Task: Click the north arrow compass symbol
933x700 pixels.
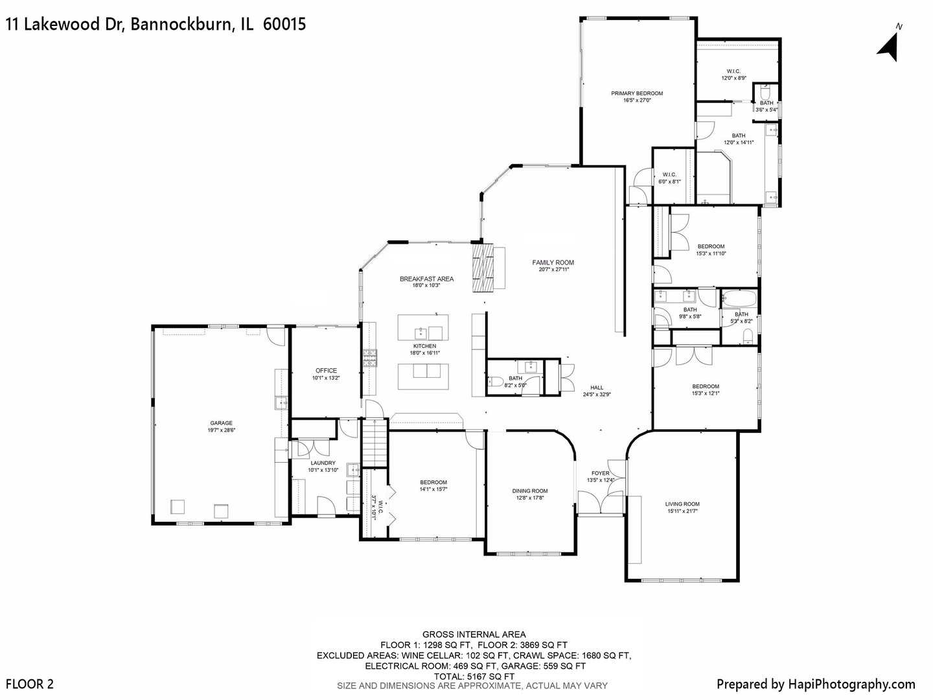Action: click(889, 45)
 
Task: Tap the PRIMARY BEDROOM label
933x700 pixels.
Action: click(637, 93)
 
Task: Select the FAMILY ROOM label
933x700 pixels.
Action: click(553, 262)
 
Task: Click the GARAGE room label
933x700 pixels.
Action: click(221, 423)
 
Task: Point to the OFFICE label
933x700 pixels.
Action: click(326, 371)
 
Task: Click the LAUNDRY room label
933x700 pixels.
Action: click(323, 463)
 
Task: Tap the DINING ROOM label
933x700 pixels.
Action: click(530, 491)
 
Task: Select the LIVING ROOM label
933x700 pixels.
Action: click(682, 504)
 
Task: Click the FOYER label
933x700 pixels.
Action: click(600, 473)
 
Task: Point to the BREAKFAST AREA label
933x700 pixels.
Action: click(426, 279)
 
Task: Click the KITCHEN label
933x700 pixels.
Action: click(424, 346)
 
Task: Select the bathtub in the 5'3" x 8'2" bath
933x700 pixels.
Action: click(739, 299)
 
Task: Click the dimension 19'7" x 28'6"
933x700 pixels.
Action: click(221, 430)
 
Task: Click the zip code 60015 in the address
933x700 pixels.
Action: click(284, 25)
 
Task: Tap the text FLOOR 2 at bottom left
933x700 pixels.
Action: click(30, 684)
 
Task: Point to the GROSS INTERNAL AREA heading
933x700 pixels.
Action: click(474, 635)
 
